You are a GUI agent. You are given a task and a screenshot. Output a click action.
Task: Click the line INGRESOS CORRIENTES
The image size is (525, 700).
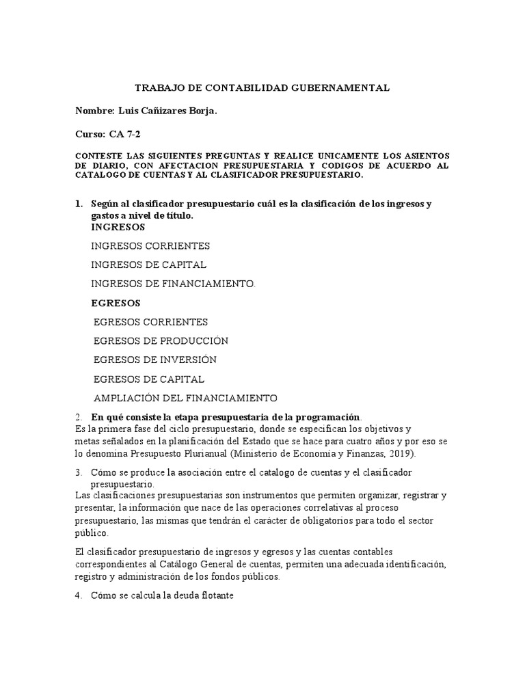(x=150, y=245)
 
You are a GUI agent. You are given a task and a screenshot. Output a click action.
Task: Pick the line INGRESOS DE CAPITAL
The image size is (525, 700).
(x=148, y=265)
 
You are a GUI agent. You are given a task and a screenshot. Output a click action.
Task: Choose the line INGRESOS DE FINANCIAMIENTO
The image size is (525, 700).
(x=172, y=283)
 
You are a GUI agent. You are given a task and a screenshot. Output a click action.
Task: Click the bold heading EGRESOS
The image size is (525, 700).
(x=116, y=302)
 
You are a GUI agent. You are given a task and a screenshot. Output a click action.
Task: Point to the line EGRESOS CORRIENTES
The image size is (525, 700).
(x=150, y=322)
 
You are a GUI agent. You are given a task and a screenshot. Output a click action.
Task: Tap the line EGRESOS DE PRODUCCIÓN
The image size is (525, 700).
(x=161, y=340)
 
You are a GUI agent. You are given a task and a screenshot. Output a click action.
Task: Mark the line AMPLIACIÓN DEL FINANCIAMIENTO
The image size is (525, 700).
(x=185, y=397)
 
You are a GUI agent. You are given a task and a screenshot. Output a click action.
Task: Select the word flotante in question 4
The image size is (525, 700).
(x=217, y=596)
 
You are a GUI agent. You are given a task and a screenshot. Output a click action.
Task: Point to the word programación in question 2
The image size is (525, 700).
(x=323, y=417)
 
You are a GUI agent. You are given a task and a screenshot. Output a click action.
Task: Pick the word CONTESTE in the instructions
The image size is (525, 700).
(x=98, y=156)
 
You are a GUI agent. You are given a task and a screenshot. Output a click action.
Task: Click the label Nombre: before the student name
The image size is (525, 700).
(x=96, y=111)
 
